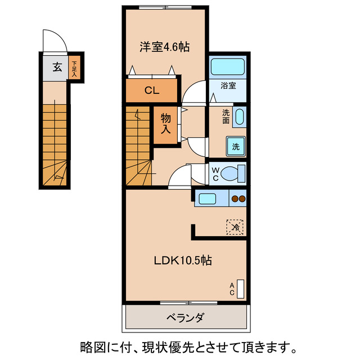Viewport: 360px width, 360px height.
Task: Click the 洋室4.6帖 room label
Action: (x=164, y=47)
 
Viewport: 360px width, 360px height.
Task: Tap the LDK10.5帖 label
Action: (x=183, y=261)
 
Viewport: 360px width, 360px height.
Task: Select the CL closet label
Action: (x=151, y=90)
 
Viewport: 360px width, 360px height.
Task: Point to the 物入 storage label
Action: (x=166, y=124)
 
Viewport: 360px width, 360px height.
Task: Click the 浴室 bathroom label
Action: (x=228, y=86)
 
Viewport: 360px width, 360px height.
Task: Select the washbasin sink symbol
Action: (x=239, y=118)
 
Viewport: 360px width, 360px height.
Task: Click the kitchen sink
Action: (x=206, y=198)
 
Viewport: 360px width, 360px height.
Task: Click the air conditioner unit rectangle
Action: (x=241, y=289)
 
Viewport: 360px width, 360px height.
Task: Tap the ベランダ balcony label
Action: (x=185, y=318)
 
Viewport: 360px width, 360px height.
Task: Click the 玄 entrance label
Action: (x=57, y=67)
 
